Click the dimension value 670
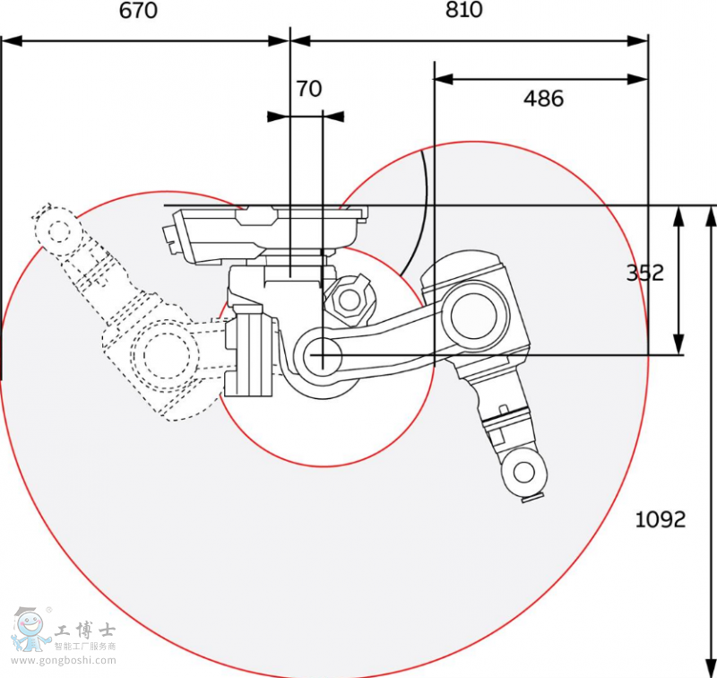tap(138, 11)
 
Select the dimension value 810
tap(462, 10)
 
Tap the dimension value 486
tap(543, 99)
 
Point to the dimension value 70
tap(308, 89)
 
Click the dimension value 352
tap(644, 273)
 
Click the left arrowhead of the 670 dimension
tap(11, 40)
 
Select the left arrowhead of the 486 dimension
tap(444, 79)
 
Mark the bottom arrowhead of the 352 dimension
tap(679, 344)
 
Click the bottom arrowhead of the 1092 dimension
tap(712, 668)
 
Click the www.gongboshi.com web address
tap(64, 661)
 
